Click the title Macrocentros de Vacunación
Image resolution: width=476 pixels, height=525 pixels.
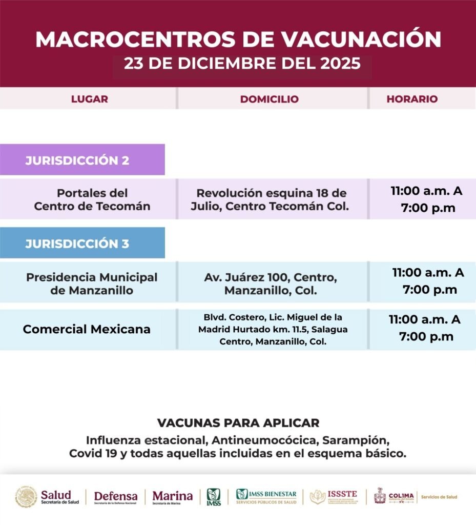pyautogui.click(x=238, y=39)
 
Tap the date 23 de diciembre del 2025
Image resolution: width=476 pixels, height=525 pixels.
pyautogui.click(x=242, y=64)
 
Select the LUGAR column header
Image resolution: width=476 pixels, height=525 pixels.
pyautogui.click(x=90, y=99)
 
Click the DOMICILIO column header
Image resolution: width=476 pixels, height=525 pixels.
pyautogui.click(x=269, y=99)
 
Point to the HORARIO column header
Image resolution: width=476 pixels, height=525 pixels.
pyautogui.click(x=412, y=99)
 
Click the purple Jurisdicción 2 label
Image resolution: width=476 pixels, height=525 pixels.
pyautogui.click(x=78, y=160)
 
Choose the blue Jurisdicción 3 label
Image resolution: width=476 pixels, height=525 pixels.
pyautogui.click(x=78, y=243)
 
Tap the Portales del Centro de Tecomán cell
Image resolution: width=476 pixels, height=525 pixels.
pyautogui.click(x=92, y=200)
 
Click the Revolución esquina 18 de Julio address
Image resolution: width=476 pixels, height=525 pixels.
pyautogui.click(x=272, y=200)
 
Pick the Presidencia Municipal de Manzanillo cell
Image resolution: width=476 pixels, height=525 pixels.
pyautogui.click(x=92, y=284)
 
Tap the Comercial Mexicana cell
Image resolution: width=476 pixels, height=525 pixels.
pyautogui.click(x=87, y=329)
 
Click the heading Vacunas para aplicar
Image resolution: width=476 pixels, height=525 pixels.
pyautogui.click(x=238, y=423)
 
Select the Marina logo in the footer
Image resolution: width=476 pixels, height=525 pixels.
pyautogui.click(x=173, y=497)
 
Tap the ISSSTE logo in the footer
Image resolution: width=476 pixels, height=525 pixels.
pyautogui.click(x=334, y=497)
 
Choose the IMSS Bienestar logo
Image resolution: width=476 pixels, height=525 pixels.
pyautogui.click(x=266, y=497)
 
